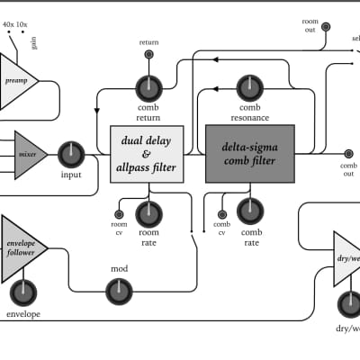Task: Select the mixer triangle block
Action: click(x=28, y=155)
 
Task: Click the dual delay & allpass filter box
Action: click(x=147, y=154)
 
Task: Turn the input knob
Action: click(x=71, y=154)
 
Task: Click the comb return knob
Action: click(x=148, y=88)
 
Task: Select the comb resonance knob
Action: click(x=249, y=88)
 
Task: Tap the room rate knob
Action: click(x=148, y=213)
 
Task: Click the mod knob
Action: click(x=118, y=290)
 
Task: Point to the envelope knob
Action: click(x=23, y=292)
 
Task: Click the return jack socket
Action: click(x=148, y=55)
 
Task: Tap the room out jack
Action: click(x=326, y=28)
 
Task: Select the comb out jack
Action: click(x=348, y=154)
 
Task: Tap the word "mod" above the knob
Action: click(x=119, y=269)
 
